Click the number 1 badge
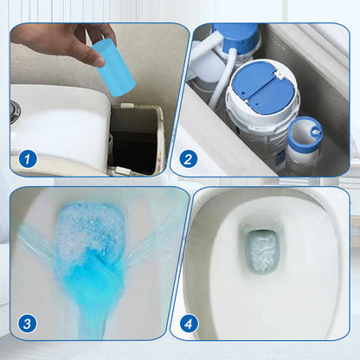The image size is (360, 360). [28, 159]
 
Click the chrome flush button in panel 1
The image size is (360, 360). [15, 112]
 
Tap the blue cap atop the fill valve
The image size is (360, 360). [236, 36]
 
